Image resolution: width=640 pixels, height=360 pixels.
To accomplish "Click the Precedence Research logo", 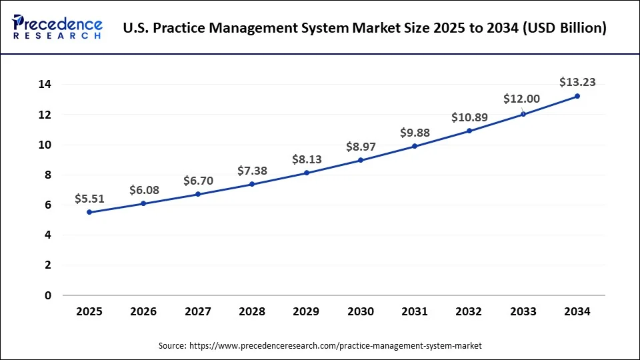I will coord(57,27).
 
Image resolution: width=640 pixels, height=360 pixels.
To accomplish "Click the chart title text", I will coord(365,29).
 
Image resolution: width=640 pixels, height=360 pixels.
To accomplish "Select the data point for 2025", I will coord(90,212).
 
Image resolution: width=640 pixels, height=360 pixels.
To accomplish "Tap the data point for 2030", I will coord(361,160).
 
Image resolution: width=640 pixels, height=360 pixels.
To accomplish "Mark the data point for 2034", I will coord(577,96).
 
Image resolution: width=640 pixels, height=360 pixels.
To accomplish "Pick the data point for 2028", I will coord(253,184).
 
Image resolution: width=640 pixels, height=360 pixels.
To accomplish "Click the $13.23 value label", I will coord(577,82).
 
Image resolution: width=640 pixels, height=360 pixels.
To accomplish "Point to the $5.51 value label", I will coord(90,198).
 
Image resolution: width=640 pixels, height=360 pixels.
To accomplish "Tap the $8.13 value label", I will coord(307,159).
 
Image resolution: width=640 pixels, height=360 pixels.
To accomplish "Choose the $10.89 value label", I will coord(469,117).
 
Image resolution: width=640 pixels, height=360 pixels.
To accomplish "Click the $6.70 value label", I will coord(198,181).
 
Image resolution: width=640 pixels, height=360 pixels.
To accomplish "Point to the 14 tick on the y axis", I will coord(45,85).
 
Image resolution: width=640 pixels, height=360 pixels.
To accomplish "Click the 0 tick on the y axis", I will coord(48,295).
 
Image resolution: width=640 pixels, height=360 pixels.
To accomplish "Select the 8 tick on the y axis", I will coord(48,175).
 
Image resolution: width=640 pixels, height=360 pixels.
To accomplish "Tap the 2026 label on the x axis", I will coord(144,311).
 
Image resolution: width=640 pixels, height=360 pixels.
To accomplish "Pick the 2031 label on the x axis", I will coord(415,311).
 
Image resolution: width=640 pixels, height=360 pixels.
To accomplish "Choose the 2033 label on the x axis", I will coord(523,311).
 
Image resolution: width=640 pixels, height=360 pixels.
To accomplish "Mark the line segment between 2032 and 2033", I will coord(496,123).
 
